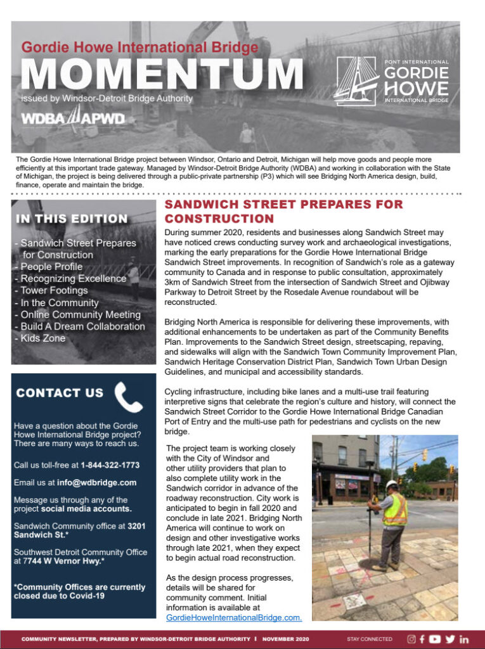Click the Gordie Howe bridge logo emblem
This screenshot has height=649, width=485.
pos(356,81)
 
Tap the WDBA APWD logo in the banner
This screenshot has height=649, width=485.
pos(73,118)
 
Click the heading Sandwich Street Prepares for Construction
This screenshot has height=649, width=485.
pos(283,211)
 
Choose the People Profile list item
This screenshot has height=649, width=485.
pos(51,267)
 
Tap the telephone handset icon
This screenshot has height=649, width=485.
pos(129,397)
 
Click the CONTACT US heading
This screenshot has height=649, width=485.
pos(60,393)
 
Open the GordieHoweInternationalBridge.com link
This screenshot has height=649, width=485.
pos(234,617)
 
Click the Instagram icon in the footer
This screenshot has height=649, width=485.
pos(411,639)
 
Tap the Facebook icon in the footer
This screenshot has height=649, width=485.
pos(422,639)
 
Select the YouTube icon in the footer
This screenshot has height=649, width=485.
pos(434,639)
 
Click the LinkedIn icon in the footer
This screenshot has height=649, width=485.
pos(464,639)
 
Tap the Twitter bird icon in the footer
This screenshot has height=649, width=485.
pos(449,639)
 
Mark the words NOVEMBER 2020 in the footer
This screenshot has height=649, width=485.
pos(286,639)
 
